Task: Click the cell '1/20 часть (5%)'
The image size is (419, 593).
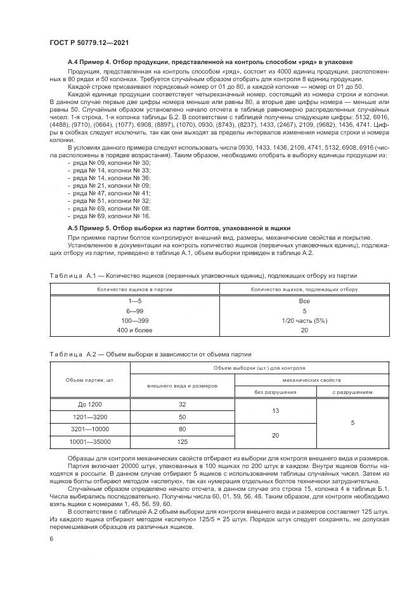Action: coord(304,321)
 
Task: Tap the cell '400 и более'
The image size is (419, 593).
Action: coord(134,330)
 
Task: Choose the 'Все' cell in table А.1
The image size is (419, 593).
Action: coord(304,302)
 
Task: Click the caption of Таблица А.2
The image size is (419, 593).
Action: coord(150,354)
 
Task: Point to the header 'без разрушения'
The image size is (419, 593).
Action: coord(276,392)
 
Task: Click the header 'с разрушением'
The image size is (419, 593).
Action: coord(352,392)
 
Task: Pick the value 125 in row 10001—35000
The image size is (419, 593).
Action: coord(183,441)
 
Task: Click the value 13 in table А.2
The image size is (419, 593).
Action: coord(276,410)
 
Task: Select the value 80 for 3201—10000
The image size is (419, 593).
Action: coord(183,429)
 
